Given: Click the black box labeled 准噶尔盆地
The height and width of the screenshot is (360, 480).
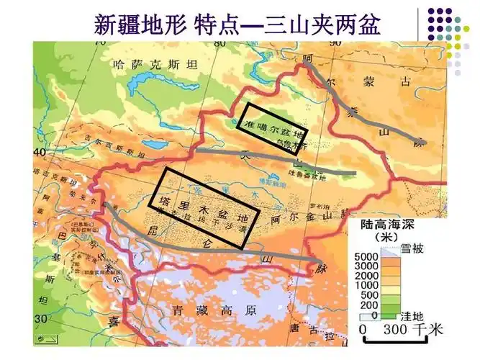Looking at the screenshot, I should [273, 128].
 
